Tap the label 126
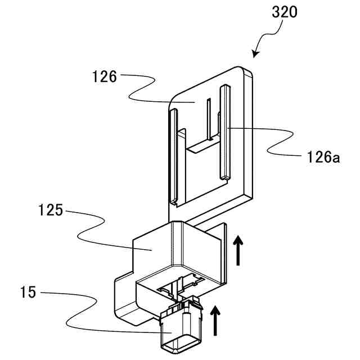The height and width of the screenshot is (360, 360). [x=104, y=77]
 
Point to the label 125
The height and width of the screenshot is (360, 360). [x=51, y=212]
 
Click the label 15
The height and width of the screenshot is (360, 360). [x=28, y=292]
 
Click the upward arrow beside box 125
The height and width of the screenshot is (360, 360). [x=238, y=250]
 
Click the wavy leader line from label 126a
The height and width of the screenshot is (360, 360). [x=270, y=141]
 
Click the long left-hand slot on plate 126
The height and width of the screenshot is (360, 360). [x=173, y=157]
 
